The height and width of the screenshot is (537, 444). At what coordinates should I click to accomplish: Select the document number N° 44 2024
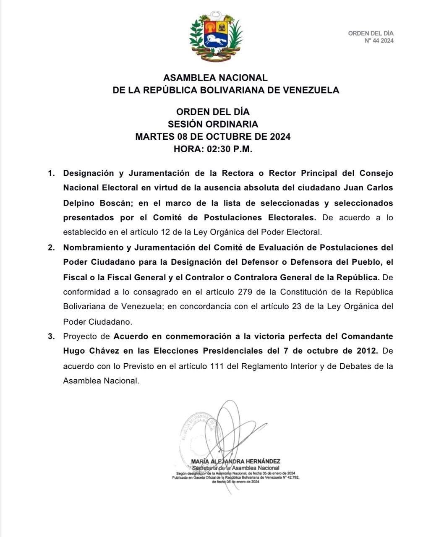click(379, 41)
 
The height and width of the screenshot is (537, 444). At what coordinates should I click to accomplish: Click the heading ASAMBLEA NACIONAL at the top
click(215, 78)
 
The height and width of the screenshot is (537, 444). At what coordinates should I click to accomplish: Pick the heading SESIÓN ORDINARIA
click(213, 124)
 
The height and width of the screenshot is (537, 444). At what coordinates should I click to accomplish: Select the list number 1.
click(51, 173)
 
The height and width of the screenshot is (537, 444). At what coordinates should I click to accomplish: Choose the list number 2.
click(51, 248)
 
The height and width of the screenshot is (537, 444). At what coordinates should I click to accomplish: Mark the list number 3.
click(51, 336)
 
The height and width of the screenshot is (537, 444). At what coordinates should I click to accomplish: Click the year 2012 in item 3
click(363, 351)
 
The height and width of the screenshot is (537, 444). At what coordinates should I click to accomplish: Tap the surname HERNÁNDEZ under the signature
click(261, 461)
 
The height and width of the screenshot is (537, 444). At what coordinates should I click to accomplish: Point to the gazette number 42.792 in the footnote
click(291, 477)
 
